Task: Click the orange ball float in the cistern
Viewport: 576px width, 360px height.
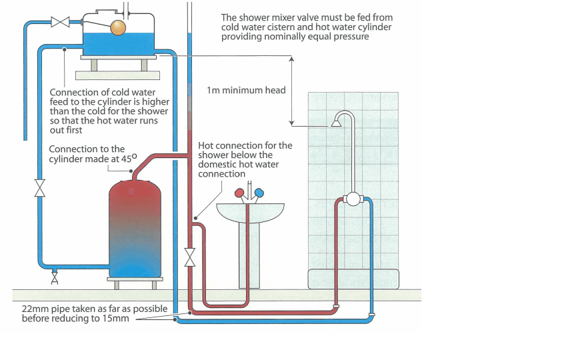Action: coord(118,28)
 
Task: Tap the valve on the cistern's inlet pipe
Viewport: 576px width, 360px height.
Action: coord(60,22)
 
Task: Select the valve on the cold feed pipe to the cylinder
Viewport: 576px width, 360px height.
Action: coord(40,188)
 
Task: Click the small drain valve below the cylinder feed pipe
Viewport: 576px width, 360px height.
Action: coord(55,278)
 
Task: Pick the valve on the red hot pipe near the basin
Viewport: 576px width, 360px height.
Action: coord(190,257)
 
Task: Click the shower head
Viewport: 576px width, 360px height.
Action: coord(336,123)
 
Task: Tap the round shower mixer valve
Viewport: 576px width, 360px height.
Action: coord(353,199)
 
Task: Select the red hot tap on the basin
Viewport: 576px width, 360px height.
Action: coord(239,193)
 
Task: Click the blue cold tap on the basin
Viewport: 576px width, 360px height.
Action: coord(259,193)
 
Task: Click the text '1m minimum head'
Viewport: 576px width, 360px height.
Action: coord(246,90)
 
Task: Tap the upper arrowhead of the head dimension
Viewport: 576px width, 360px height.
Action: coord(292,59)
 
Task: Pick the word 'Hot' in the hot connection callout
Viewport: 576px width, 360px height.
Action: coord(205,145)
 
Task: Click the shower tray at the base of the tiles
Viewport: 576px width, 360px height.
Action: coord(353,279)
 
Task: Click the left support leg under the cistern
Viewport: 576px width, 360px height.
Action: coord(94,65)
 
